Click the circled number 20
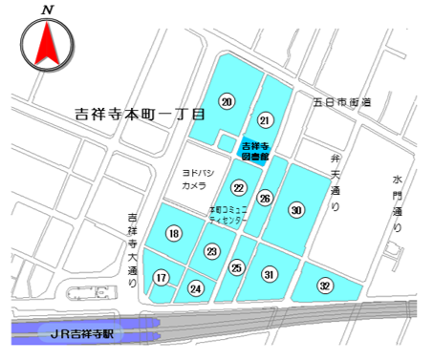(226, 102)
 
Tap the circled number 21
(266, 119)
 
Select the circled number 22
(239, 188)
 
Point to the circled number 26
(266, 199)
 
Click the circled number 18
(173, 234)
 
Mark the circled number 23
(212, 251)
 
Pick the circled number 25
(237, 269)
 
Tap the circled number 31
(270, 274)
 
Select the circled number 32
(325, 285)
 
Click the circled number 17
(162, 278)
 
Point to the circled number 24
(196, 287)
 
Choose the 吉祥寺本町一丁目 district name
(140, 113)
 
